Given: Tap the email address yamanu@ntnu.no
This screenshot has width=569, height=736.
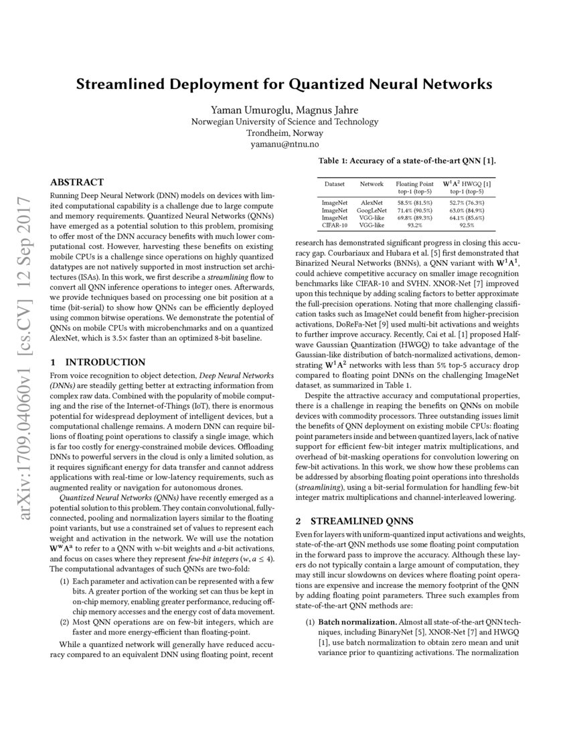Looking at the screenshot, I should [284, 143].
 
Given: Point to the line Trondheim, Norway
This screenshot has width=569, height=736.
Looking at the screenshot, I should [284, 132].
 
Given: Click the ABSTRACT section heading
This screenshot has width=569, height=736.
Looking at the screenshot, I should [78, 182].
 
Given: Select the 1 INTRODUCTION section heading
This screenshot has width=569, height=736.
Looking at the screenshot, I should [98, 362].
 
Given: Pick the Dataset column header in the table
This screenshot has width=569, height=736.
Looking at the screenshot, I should [335, 183].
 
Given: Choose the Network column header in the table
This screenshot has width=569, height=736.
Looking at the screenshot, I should [372, 183].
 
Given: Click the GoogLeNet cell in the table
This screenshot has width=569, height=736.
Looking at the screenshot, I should [372, 209].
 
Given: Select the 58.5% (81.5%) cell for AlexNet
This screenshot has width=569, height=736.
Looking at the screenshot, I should [414, 201].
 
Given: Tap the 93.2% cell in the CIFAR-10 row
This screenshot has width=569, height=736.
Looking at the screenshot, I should [414, 225].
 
